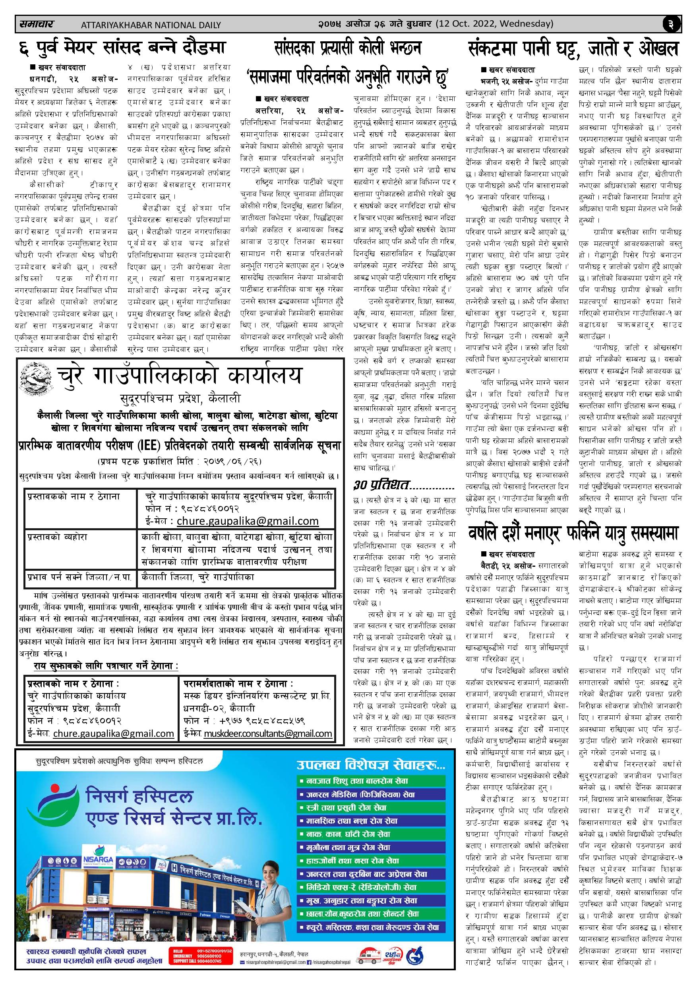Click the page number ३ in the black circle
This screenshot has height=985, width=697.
pos(671,25)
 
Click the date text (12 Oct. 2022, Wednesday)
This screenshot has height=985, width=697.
pos(494,24)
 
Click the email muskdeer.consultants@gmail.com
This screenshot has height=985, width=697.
pos(268,733)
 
